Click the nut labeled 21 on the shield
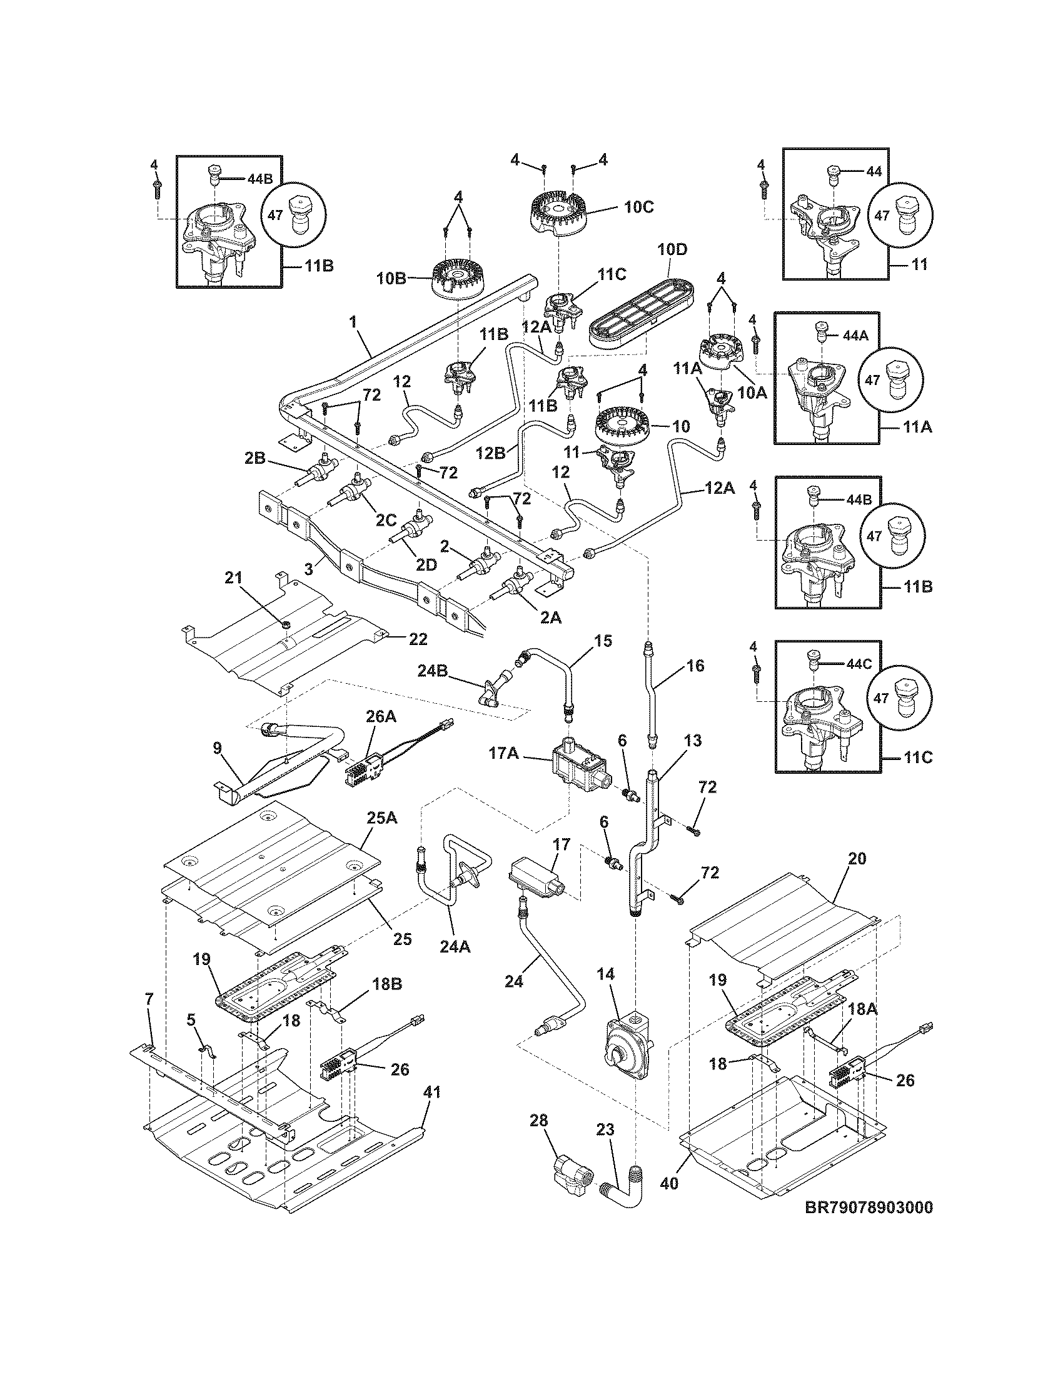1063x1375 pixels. (285, 624)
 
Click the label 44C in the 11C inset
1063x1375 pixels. (859, 664)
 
